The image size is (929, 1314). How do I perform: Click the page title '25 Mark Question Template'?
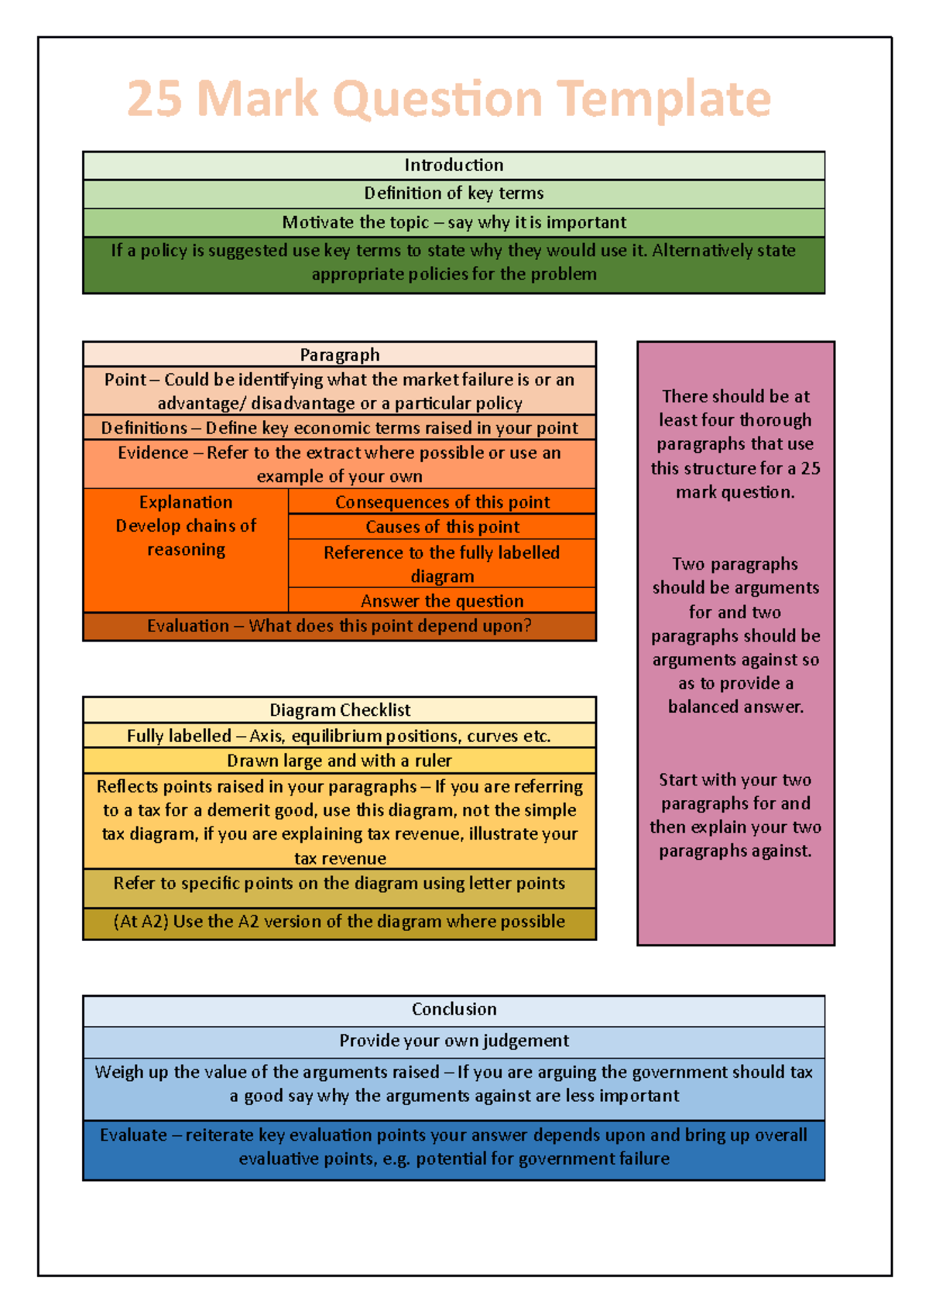click(x=449, y=99)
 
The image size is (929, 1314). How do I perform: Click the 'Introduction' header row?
click(x=454, y=165)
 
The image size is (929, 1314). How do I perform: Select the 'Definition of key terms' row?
click(x=454, y=193)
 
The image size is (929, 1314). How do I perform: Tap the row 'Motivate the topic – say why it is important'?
click(x=454, y=223)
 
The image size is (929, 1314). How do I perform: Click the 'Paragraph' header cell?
click(x=340, y=354)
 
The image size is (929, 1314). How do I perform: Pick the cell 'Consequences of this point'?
click(x=442, y=501)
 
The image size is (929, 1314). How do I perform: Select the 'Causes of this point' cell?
click(x=442, y=527)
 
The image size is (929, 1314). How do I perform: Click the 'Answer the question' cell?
click(x=442, y=601)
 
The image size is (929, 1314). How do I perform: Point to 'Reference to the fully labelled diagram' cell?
click(x=442, y=563)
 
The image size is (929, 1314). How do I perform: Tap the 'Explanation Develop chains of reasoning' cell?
click(x=186, y=526)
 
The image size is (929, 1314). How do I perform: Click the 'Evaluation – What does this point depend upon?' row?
click(x=340, y=626)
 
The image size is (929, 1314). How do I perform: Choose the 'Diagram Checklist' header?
click(x=340, y=710)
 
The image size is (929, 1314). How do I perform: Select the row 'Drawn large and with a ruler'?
click(x=340, y=761)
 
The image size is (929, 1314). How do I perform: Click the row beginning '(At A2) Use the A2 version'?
click(x=340, y=922)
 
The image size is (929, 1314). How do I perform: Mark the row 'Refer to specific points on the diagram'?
click(x=340, y=884)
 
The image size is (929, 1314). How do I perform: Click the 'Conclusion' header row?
click(x=454, y=1009)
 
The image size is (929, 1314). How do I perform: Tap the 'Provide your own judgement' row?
click(x=454, y=1041)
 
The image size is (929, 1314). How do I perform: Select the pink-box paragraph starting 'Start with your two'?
click(x=735, y=815)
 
